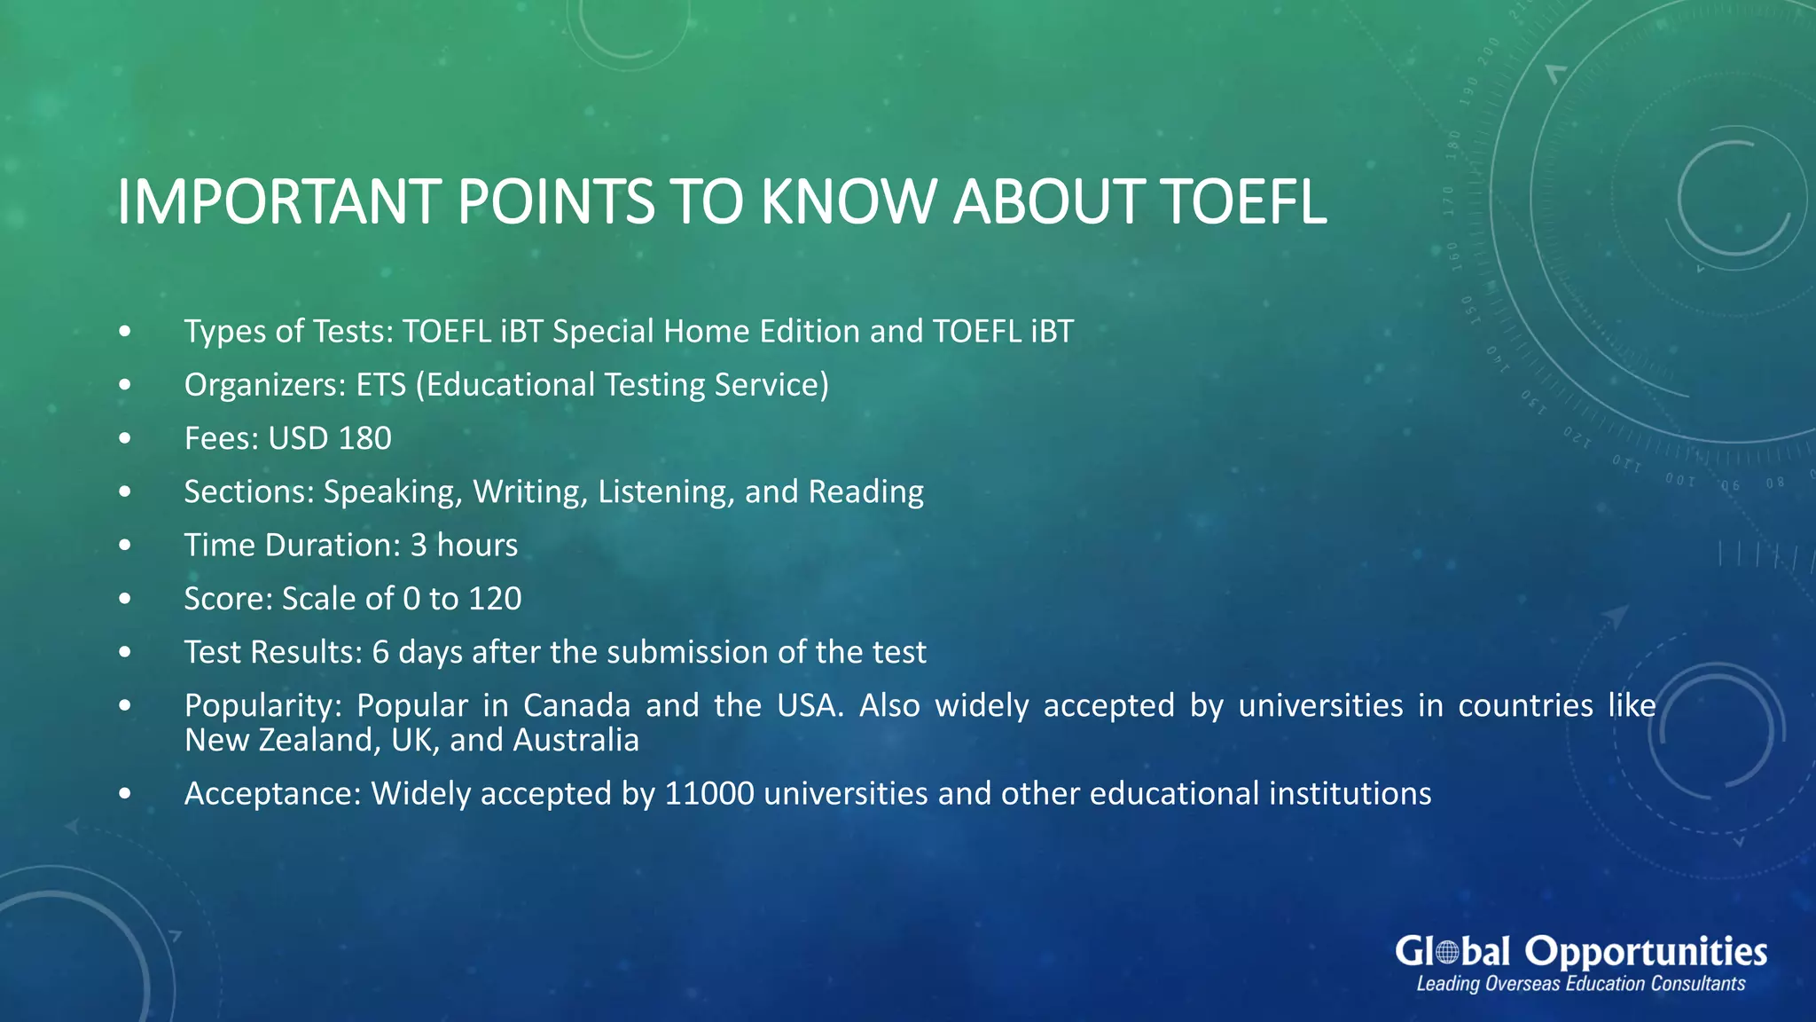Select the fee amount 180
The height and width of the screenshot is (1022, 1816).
[364, 438]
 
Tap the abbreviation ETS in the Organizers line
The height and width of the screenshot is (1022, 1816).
[380, 385]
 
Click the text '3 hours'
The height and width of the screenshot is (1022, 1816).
[464, 545]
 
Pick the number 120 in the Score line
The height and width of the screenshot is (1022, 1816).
[495, 599]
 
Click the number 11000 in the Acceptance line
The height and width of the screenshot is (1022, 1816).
[708, 793]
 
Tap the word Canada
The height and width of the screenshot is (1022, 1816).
[576, 705]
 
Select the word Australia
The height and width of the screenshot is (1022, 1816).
[575, 740]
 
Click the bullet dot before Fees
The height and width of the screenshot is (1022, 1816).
[125, 438]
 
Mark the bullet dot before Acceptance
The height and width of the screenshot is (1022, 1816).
[125, 793]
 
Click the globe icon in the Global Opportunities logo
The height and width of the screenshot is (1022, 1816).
[1447, 953]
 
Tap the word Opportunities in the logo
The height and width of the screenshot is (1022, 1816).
[1646, 952]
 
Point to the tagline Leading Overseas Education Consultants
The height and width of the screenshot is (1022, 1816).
[1580, 984]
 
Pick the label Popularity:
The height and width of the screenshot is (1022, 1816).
[262, 705]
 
